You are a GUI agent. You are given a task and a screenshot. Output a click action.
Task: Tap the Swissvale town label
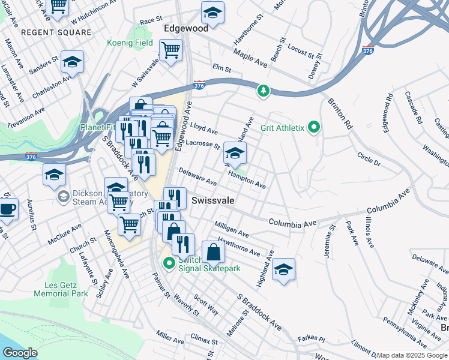click(212, 199)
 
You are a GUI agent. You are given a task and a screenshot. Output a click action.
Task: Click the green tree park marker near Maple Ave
click(262, 91)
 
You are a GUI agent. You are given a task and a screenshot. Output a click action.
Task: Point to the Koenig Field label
click(131, 43)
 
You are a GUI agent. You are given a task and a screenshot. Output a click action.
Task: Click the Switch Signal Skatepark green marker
click(169, 263)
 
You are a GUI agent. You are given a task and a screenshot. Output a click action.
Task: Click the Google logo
click(19, 353)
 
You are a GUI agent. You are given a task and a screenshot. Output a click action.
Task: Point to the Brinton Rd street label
click(339, 113)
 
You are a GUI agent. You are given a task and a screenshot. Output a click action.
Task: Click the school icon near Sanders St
click(72, 62)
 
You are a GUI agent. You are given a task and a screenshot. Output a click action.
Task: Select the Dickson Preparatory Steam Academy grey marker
click(63, 197)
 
